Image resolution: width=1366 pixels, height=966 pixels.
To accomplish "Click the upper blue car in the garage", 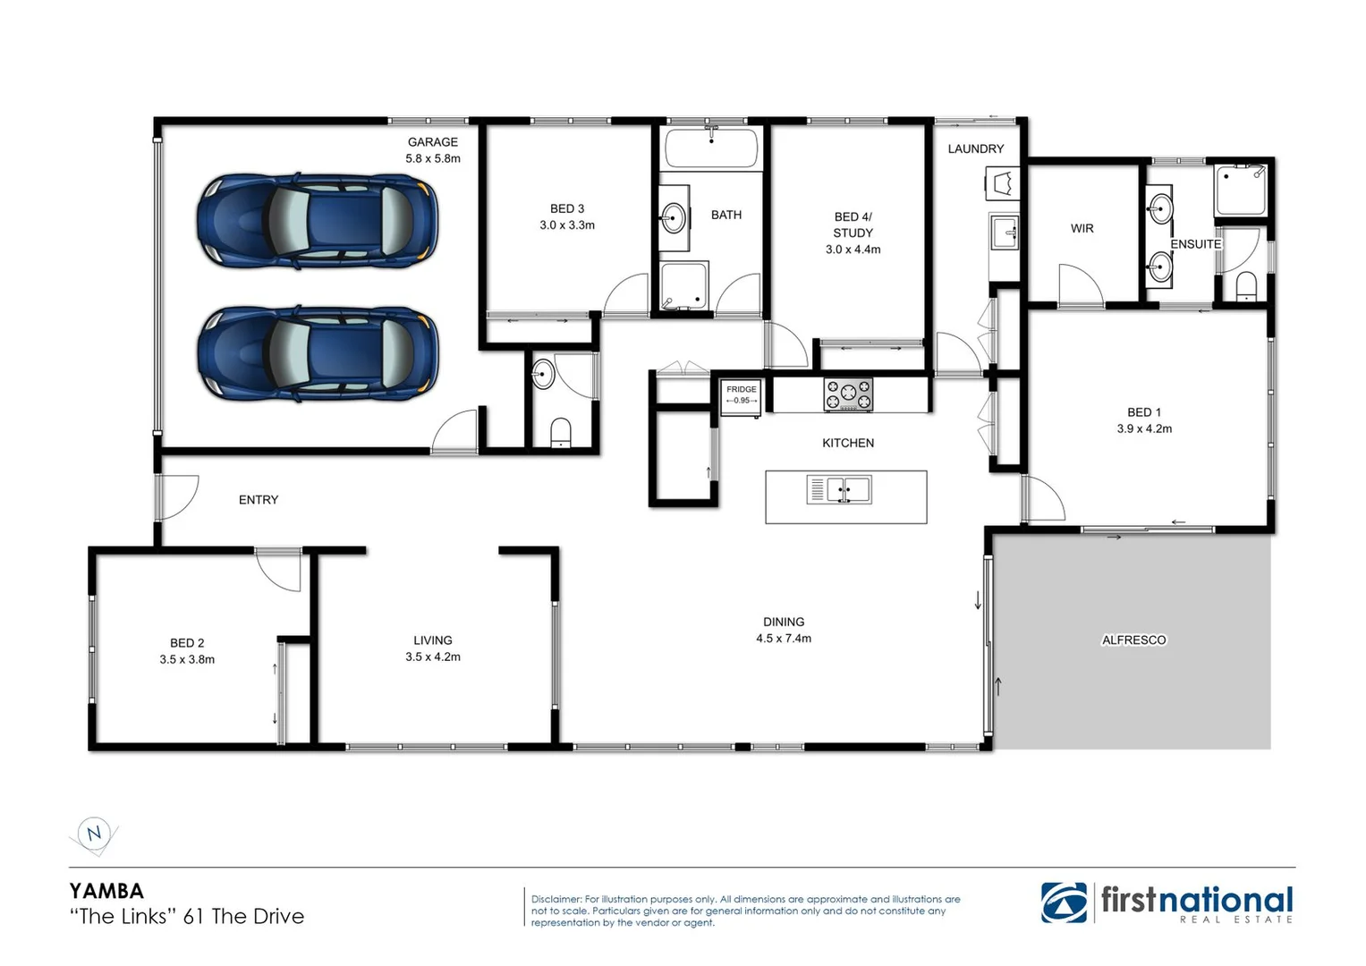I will click(318, 221).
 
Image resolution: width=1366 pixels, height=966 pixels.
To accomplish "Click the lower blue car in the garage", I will click(318, 354).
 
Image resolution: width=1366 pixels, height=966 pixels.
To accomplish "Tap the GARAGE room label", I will click(432, 142).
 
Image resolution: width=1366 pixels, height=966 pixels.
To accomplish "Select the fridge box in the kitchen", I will click(741, 396).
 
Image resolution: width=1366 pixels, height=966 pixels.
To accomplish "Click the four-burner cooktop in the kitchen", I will click(847, 394).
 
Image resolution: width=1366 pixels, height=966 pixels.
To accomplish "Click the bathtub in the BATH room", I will click(712, 148).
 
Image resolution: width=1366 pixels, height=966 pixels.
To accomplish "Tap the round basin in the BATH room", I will click(673, 217).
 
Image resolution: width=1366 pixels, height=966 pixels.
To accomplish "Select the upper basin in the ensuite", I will click(1160, 209).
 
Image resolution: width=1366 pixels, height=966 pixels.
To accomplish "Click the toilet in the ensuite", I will click(1244, 286).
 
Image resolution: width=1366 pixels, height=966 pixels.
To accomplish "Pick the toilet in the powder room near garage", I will click(560, 432).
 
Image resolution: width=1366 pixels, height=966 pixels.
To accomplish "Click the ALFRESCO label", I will click(1133, 640).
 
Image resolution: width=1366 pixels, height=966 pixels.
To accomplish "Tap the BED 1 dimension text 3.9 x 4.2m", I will click(1144, 429).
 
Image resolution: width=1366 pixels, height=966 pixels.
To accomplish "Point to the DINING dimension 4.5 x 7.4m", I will click(784, 639).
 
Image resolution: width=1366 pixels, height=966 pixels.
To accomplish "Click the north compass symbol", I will click(93, 835).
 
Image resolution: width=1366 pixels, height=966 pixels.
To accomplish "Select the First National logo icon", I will click(1064, 902).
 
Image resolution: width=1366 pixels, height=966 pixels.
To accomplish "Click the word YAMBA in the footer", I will click(106, 891).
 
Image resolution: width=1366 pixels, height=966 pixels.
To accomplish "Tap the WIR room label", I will click(1082, 229).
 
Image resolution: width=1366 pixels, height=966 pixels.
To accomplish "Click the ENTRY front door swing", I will click(177, 497).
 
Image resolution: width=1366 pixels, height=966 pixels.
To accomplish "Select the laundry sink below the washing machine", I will click(1004, 233).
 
